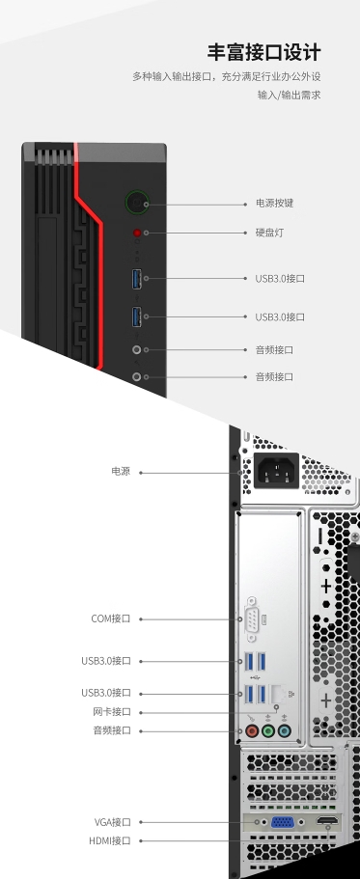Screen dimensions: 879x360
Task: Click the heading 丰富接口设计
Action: [263, 51]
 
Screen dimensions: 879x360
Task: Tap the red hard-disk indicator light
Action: [137, 233]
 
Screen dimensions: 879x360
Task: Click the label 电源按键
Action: [274, 204]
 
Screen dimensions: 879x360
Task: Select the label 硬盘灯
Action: [269, 233]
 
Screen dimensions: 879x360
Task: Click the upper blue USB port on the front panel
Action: [137, 279]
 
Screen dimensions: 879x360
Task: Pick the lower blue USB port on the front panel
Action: [137, 316]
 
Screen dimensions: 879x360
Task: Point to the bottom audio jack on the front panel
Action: [137, 376]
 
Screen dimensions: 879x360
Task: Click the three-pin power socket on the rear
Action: [275, 473]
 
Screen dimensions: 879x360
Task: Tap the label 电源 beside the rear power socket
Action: [121, 472]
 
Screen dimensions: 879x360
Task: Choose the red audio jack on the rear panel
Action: [253, 731]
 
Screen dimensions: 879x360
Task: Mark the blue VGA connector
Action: [283, 823]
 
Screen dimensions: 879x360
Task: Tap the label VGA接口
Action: [112, 822]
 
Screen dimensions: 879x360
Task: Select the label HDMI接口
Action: [109, 840]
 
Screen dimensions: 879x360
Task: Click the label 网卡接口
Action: [111, 712]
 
